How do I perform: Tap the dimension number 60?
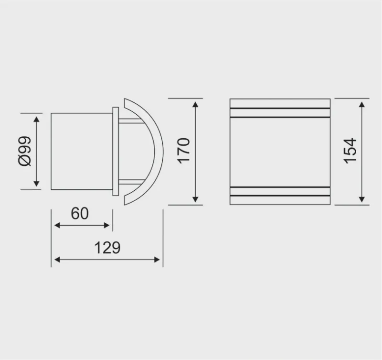pyautogui.click(x=80, y=213)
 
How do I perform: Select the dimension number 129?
pyautogui.click(x=106, y=248)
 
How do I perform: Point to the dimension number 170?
pyautogui.click(x=184, y=151)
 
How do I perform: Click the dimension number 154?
pyautogui.click(x=350, y=151)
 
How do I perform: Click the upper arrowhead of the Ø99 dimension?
pyautogui.click(x=36, y=118)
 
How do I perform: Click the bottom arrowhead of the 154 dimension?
pyautogui.click(x=362, y=200)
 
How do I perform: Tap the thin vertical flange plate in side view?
pyautogui.click(x=115, y=152)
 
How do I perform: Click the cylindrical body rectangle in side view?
pyautogui.click(x=81, y=151)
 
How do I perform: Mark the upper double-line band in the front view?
pyautogui.click(x=280, y=113)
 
